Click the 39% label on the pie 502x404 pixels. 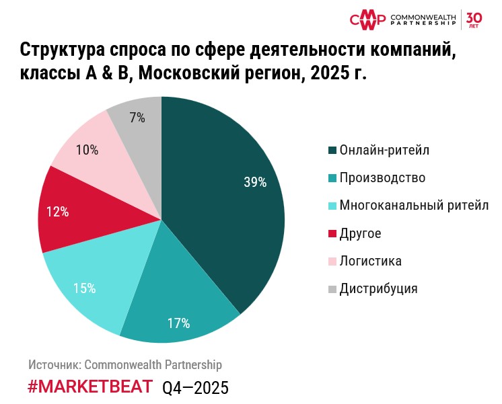pyautogui.click(x=256, y=182)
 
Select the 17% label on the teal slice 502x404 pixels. pyautogui.click(x=178, y=323)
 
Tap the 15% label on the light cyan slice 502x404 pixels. pyautogui.click(x=85, y=288)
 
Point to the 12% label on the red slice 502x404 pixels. pyautogui.click(x=58, y=212)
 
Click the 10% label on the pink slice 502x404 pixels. pyautogui.click(x=87, y=151)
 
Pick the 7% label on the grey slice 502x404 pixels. pyautogui.click(x=138, y=118)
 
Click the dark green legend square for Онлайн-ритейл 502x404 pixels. pyautogui.click(x=332, y=150)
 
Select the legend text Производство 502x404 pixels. pyautogui.click(x=382, y=178)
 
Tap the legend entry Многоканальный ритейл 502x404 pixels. pyautogui.click(x=414, y=206)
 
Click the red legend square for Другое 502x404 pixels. pyautogui.click(x=332, y=234)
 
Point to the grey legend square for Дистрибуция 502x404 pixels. pyautogui.click(x=332, y=290)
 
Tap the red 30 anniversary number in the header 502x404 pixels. pyautogui.click(x=474, y=16)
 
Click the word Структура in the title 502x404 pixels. pyautogui.click(x=60, y=51)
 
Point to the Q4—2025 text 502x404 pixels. pyautogui.click(x=196, y=388)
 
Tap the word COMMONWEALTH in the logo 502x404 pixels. pyautogui.click(x=423, y=15)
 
